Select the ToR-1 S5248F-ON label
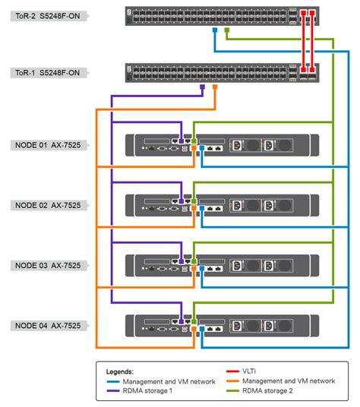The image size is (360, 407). [45, 73]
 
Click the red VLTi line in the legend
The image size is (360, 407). [238, 371]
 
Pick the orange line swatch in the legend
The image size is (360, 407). [238, 380]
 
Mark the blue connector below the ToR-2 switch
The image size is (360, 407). [215, 32]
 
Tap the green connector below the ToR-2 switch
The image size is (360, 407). [227, 32]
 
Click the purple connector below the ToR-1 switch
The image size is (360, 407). [203, 87]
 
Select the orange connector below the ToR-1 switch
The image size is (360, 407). [215, 87]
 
